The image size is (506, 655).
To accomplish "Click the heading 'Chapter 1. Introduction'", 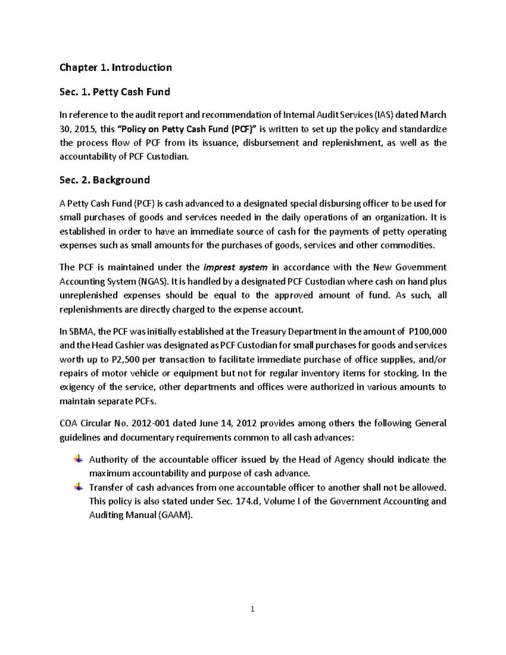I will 116,67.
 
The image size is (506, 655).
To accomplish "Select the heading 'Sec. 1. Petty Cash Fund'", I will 115,92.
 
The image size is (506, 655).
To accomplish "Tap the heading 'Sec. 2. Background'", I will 105,180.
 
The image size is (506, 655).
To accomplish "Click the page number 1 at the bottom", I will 253,609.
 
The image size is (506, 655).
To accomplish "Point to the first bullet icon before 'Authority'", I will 78,459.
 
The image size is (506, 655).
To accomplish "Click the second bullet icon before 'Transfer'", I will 78,487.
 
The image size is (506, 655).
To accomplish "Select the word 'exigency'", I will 76,387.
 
